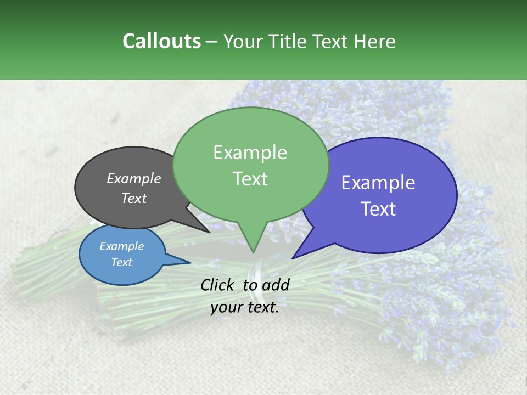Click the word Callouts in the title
161,41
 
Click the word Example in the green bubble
250,153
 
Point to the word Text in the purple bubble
378,209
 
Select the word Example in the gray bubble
134,178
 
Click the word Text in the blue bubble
121,262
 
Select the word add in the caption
276,285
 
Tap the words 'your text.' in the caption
244,308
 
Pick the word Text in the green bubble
250,179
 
